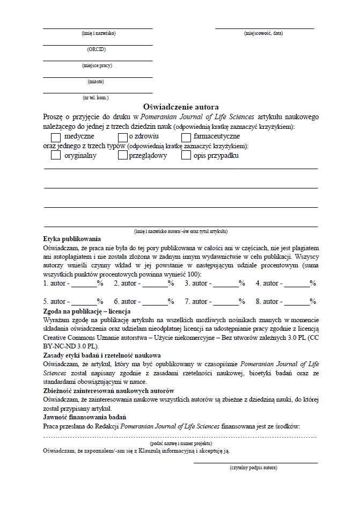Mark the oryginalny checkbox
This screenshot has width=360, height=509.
[x=55, y=156]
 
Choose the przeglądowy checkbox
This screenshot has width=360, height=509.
[x=122, y=156]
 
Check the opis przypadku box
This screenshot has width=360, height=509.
[x=186, y=156]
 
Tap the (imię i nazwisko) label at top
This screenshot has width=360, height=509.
[x=98, y=33]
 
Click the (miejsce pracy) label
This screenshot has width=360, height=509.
[x=97, y=66]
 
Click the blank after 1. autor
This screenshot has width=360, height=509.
[x=84, y=283]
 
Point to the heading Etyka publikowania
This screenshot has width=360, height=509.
[x=72, y=239]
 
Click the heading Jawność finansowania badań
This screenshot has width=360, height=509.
[x=84, y=417]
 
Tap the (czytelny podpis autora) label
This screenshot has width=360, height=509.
[x=253, y=468]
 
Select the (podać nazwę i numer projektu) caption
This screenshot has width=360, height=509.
[x=181, y=443]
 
